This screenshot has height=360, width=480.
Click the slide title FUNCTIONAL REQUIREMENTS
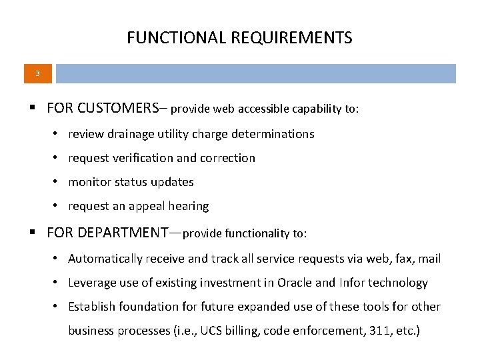coord(239,38)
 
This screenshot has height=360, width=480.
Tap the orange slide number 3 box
coord(37,73)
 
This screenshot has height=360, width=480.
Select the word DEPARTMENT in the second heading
coord(123,233)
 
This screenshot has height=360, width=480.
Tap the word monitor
coord(89,182)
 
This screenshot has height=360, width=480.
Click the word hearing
coord(189,206)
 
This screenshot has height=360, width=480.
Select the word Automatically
coord(105,259)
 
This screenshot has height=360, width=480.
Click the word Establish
coord(91,307)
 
